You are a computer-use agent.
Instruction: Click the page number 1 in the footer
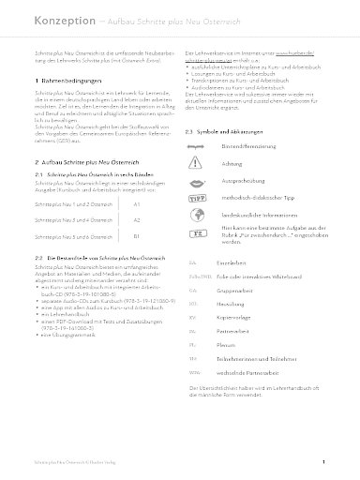[322, 463]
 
